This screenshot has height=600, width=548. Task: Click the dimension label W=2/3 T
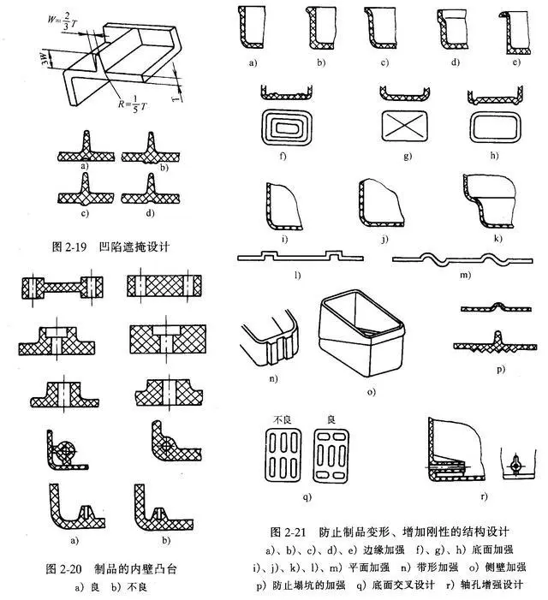[x=63, y=20]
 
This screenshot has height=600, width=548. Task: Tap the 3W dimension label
[x=45, y=59]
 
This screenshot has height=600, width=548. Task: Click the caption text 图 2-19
[x=68, y=247]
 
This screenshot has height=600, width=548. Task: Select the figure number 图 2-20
[x=63, y=569]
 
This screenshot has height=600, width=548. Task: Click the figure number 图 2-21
[x=288, y=532]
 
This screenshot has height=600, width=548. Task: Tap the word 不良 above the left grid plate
[x=283, y=419]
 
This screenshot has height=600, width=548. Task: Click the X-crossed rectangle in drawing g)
[x=405, y=125]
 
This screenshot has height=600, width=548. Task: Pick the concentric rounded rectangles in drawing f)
[x=287, y=127]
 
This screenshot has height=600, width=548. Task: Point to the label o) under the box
[x=372, y=392]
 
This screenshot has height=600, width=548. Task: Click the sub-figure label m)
[x=465, y=275]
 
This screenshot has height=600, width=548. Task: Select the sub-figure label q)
[x=307, y=496]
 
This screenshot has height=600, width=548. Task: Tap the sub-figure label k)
[x=497, y=239]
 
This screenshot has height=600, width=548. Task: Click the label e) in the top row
[x=516, y=62]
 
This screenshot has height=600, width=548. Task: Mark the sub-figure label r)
[x=484, y=496]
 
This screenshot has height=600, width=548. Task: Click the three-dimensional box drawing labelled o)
[x=361, y=333]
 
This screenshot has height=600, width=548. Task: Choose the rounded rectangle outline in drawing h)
[x=495, y=127]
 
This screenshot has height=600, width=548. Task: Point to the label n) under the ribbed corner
[x=273, y=379]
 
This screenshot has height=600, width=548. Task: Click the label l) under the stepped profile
[x=298, y=275]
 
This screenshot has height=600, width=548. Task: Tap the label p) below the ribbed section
[x=501, y=369]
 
